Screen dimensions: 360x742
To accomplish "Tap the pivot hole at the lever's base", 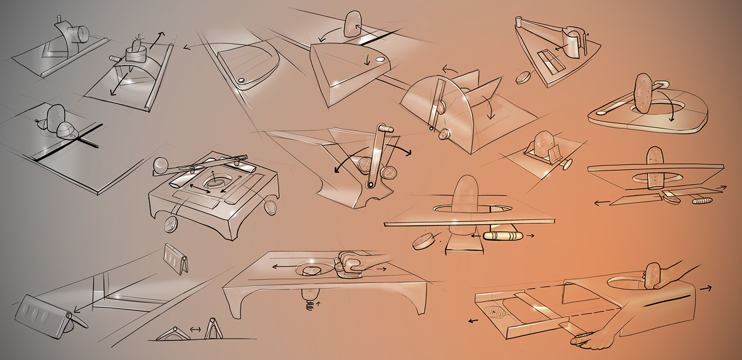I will [x=371, y=185].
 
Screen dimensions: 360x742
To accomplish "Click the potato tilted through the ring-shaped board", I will [x=643, y=92].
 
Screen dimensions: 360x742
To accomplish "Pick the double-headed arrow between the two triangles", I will [x=196, y=329].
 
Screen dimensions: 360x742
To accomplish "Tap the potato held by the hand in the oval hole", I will [x=652, y=274].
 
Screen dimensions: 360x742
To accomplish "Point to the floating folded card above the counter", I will [x=176, y=258].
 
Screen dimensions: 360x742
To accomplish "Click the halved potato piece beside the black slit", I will [x=68, y=130].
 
